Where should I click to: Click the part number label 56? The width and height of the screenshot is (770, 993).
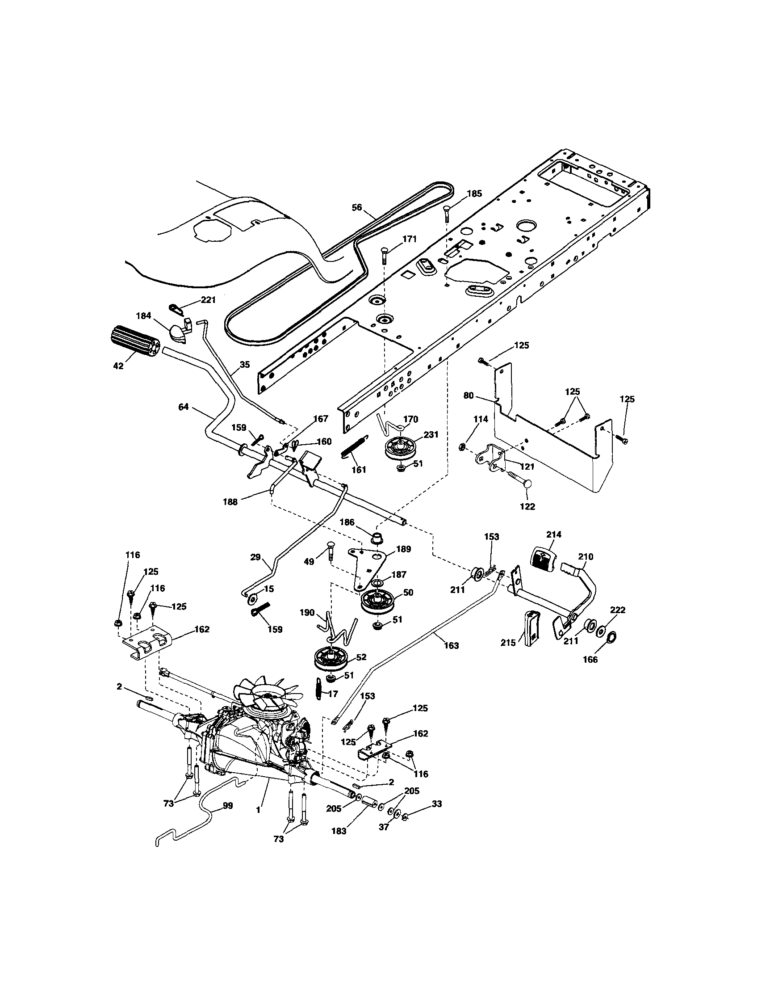coord(357,207)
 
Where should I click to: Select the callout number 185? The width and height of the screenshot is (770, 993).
coord(474,194)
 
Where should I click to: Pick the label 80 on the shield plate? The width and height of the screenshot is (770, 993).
coord(469,396)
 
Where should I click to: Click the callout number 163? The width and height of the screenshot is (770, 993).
coord(452,645)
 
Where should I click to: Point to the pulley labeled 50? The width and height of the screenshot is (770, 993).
coord(377,603)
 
